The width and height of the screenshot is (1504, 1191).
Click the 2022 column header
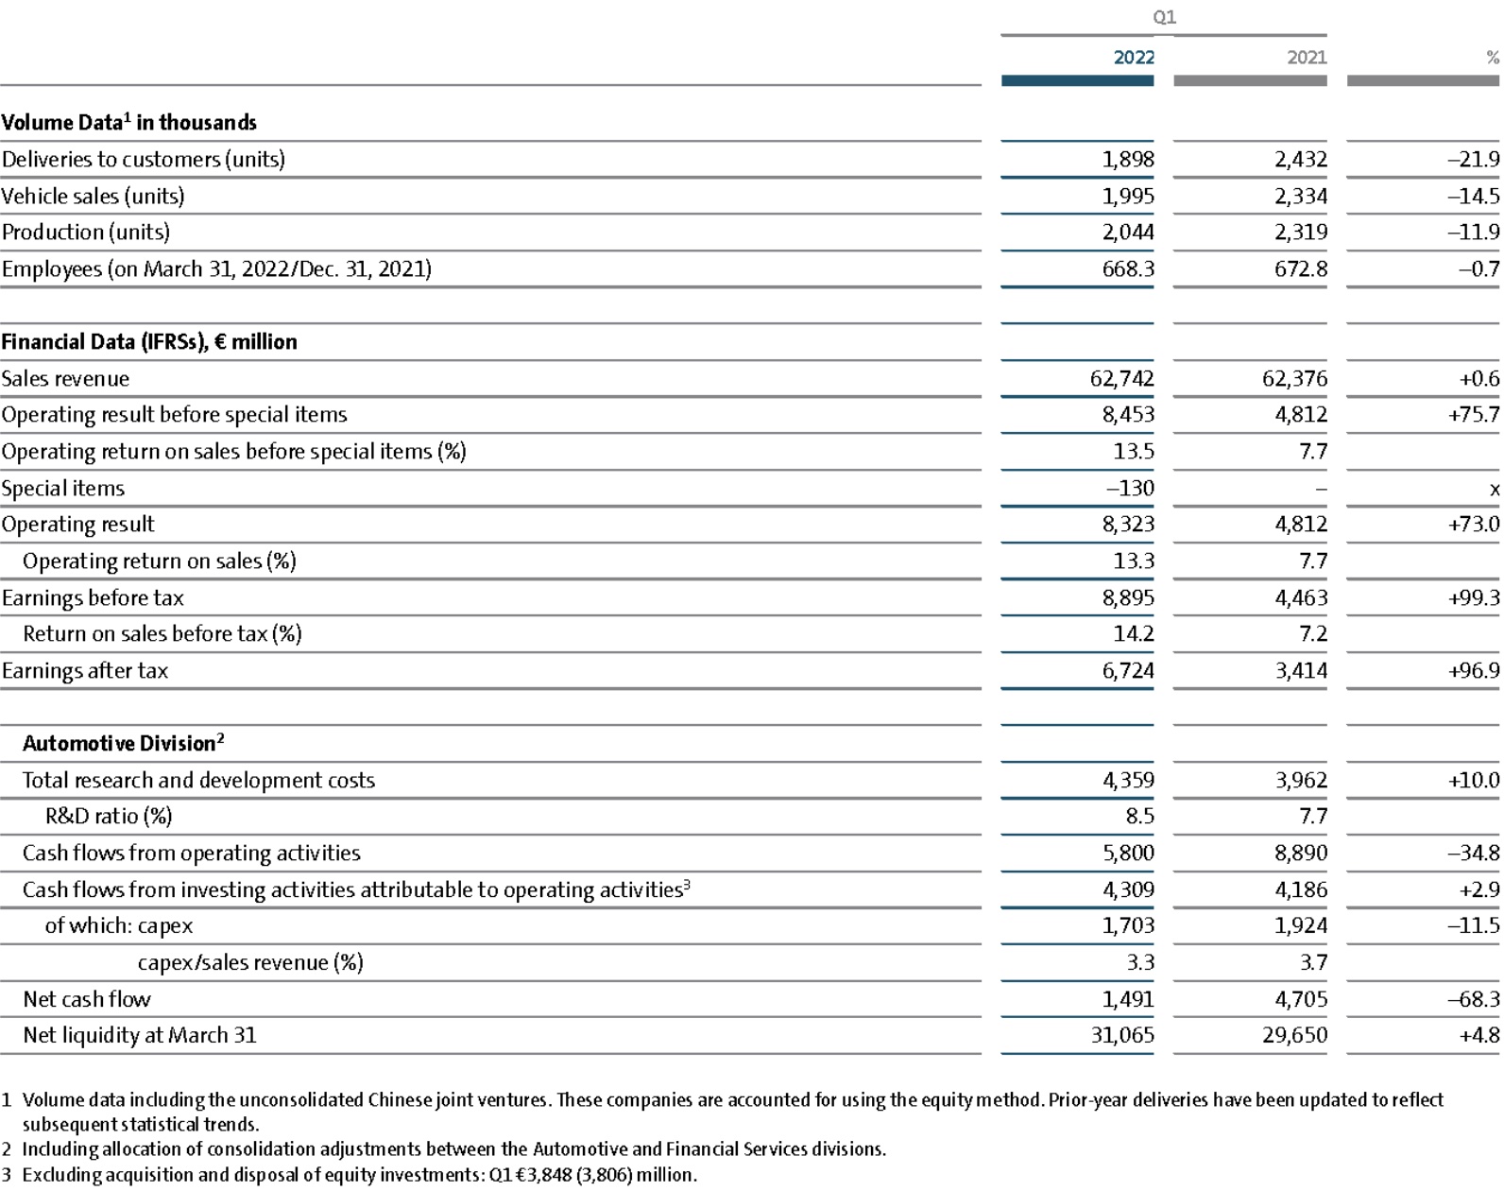point(1133,58)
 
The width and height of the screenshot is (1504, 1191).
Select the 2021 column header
point(1307,58)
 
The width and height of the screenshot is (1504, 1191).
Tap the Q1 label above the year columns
point(1164,17)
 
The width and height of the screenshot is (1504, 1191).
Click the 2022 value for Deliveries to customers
point(1128,160)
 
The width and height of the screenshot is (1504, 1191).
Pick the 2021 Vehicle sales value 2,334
point(1301,197)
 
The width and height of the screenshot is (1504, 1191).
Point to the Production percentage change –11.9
point(1473,233)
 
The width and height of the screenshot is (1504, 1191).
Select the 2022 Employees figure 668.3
point(1128,269)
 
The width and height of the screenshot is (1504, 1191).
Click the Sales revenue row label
point(66,379)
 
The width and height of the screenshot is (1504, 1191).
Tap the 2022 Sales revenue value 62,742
point(1121,379)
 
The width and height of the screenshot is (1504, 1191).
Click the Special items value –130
point(1130,488)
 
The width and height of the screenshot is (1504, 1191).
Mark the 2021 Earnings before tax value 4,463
point(1301,598)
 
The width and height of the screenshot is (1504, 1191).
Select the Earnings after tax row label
point(85,671)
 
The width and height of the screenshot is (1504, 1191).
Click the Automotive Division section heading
point(123,743)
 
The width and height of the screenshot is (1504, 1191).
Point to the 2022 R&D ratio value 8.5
point(1140,816)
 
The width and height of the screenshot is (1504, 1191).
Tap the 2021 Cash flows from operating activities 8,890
point(1301,854)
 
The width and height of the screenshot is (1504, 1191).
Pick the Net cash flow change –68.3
point(1473,999)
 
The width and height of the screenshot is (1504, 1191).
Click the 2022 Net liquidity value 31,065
point(1122,1035)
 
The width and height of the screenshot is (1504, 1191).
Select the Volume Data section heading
point(128,122)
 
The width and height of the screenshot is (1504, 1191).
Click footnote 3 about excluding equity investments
point(350,1175)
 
